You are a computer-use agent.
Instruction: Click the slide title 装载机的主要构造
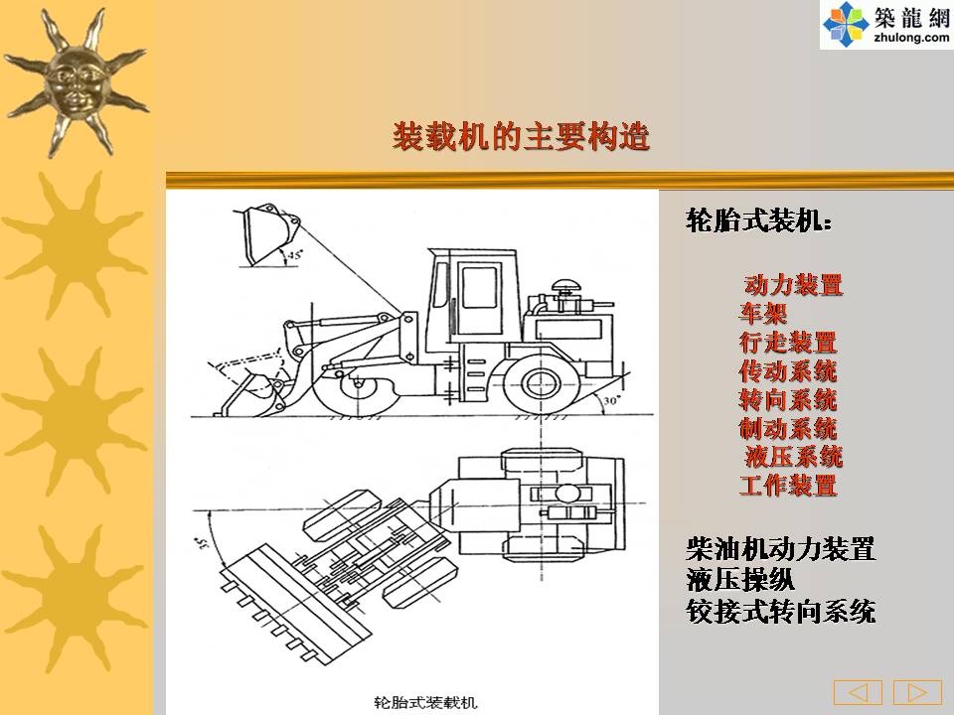click(521, 136)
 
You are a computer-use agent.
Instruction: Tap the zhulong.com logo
click(886, 24)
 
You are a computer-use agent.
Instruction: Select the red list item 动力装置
click(793, 285)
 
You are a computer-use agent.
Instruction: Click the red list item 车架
click(763, 313)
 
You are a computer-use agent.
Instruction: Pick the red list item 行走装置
click(788, 343)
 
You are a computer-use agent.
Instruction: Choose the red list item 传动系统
click(788, 370)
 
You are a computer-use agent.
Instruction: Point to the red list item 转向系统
click(788, 399)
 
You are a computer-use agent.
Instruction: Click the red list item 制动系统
click(788, 428)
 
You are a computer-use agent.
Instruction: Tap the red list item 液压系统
click(793, 457)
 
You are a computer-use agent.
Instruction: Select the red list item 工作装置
click(788, 486)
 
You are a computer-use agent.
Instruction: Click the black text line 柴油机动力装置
click(781, 548)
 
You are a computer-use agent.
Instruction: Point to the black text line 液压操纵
click(740, 579)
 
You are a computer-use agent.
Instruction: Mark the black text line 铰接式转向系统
click(781, 611)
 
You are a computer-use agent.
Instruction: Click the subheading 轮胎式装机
click(758, 220)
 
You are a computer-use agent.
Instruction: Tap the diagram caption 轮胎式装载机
click(426, 703)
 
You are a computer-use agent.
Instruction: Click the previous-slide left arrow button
click(858, 692)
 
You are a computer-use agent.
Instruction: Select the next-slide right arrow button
click(917, 692)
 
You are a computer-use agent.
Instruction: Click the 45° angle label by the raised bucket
click(295, 255)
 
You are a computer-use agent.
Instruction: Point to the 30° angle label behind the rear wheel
click(611, 400)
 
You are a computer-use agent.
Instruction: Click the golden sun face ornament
click(77, 83)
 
